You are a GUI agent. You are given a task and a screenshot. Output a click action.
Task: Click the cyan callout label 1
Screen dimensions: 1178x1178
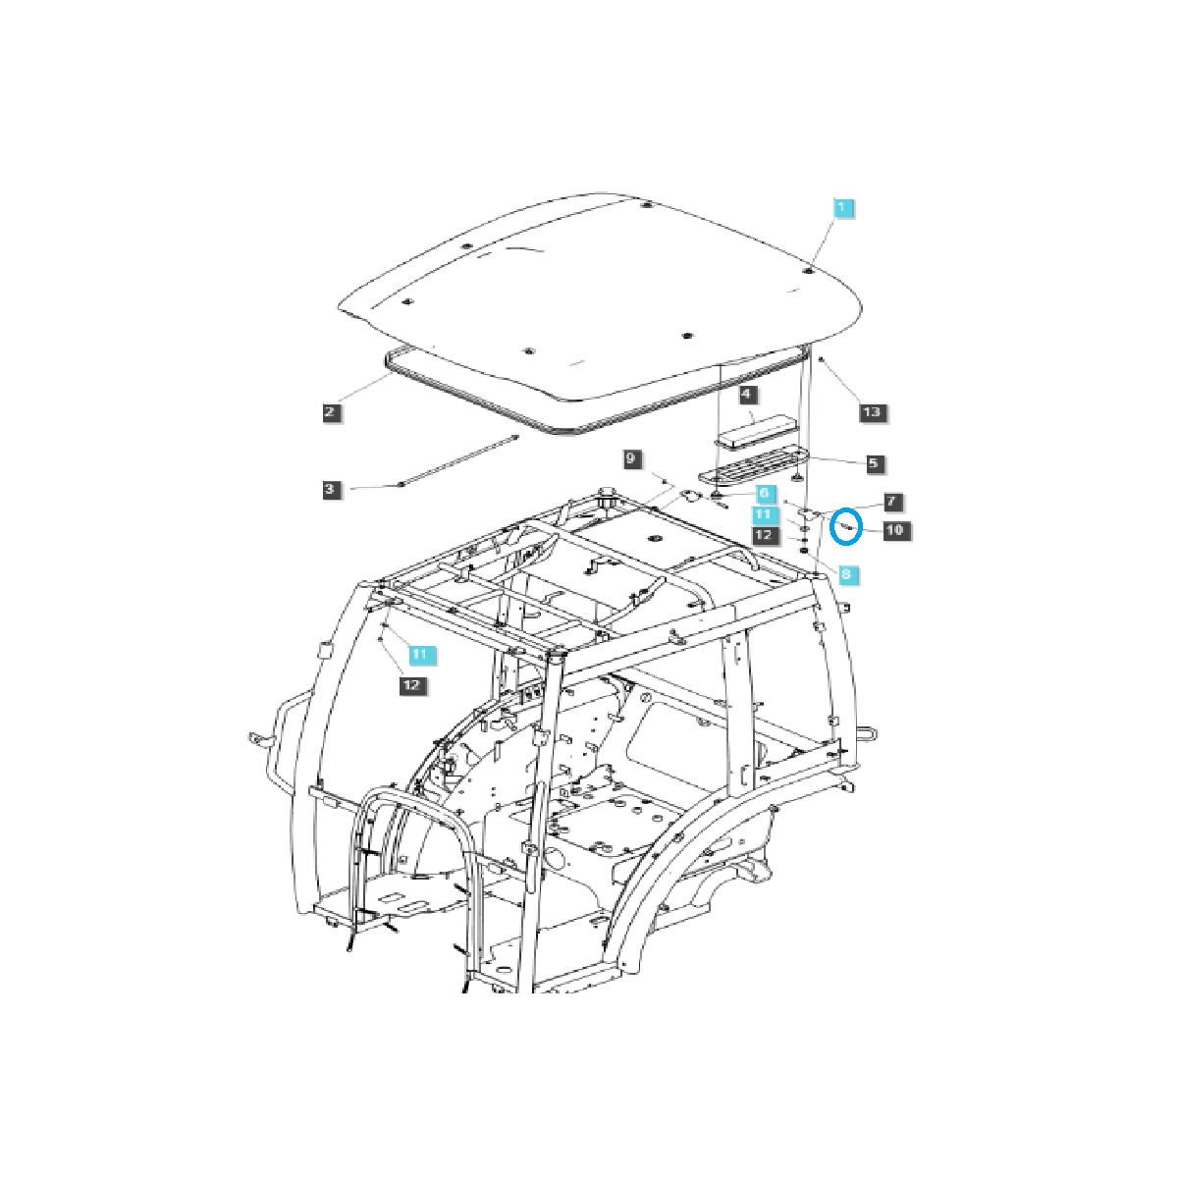click(x=844, y=208)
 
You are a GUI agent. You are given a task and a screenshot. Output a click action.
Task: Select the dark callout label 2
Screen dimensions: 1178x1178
click(x=332, y=411)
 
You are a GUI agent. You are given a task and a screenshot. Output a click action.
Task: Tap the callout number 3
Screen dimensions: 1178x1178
click(x=332, y=488)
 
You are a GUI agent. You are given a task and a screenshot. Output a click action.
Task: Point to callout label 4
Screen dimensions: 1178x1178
click(x=747, y=395)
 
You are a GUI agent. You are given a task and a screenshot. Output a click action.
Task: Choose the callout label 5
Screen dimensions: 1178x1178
click(x=873, y=462)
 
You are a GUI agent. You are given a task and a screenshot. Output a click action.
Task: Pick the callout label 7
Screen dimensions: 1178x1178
click(x=890, y=502)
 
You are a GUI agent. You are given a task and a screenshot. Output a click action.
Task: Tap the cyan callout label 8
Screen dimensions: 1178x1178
click(x=845, y=572)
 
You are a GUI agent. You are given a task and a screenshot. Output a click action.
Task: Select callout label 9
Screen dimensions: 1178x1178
click(x=633, y=458)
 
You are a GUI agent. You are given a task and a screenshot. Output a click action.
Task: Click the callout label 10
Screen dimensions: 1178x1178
click(x=895, y=530)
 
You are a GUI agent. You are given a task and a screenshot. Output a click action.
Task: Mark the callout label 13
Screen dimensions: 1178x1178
click(x=872, y=412)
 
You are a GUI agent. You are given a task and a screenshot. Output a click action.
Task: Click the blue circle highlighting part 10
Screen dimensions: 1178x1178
click(x=845, y=527)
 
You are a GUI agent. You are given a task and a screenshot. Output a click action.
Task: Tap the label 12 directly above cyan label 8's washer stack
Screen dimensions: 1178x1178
click(x=765, y=535)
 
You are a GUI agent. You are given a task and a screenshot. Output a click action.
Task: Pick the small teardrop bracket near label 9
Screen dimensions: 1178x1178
click(x=693, y=497)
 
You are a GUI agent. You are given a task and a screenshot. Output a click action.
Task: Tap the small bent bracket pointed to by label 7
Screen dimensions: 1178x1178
click(x=807, y=513)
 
